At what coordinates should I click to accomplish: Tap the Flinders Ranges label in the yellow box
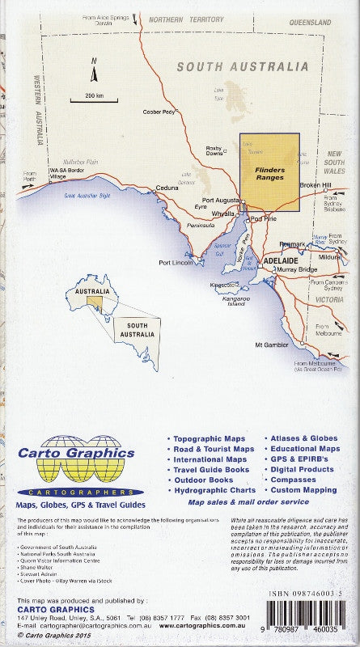click(269, 171)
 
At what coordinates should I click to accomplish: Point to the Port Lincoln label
click(176, 263)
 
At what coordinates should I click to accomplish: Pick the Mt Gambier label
click(271, 345)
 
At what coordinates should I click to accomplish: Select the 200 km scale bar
click(94, 96)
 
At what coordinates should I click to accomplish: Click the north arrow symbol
click(94, 71)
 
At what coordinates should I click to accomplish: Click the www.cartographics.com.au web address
click(202, 625)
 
